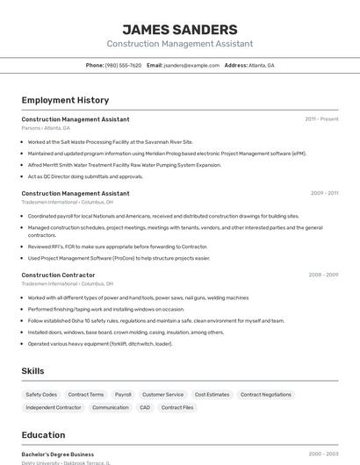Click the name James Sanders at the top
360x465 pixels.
coord(179,30)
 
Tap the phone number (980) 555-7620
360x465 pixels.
coord(123,65)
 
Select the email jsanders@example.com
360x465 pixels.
coord(191,65)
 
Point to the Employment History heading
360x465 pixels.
coord(65,100)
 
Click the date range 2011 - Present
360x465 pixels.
coord(321,118)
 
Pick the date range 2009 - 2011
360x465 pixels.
coord(324,193)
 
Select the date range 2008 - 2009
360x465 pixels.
coord(323,275)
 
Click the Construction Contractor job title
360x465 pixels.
coord(58,275)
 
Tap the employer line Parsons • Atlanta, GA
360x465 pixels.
coord(46,128)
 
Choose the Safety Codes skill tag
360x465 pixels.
coord(41,395)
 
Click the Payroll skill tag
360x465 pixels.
coord(123,395)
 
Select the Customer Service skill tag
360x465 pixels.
coord(163,395)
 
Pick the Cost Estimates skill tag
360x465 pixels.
coord(212,395)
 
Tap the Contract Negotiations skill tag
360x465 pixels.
coord(266,395)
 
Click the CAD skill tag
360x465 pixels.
coord(145,407)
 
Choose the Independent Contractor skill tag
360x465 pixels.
coord(54,407)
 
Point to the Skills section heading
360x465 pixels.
coord(32,371)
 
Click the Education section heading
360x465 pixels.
coord(43,435)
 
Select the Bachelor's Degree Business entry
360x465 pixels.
coord(58,454)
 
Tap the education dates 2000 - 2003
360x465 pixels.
coord(323,454)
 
